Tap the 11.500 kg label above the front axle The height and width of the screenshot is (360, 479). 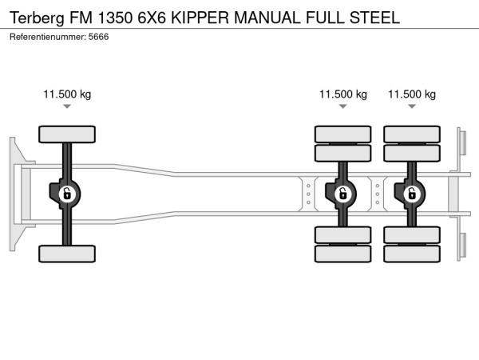pyautogui.click(x=67, y=94)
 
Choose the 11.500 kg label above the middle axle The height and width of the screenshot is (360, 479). pyautogui.click(x=343, y=94)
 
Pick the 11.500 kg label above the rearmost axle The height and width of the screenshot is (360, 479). pyautogui.click(x=412, y=94)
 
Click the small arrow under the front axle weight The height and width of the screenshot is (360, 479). pyautogui.click(x=67, y=106)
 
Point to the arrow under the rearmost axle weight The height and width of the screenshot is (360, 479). pyautogui.click(x=412, y=106)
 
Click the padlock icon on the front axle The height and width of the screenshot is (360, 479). pyautogui.click(x=67, y=193)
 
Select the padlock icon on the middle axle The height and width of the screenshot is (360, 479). pyautogui.click(x=343, y=193)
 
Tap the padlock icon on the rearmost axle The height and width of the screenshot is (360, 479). pyautogui.click(x=412, y=193)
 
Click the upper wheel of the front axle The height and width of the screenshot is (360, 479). pyautogui.click(x=67, y=134)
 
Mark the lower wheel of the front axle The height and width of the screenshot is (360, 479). pyautogui.click(x=67, y=254)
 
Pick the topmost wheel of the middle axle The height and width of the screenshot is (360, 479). pyautogui.click(x=343, y=134)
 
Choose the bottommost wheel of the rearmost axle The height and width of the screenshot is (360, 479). pyautogui.click(x=412, y=254)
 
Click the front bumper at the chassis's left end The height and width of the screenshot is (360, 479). pyautogui.click(x=14, y=192)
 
